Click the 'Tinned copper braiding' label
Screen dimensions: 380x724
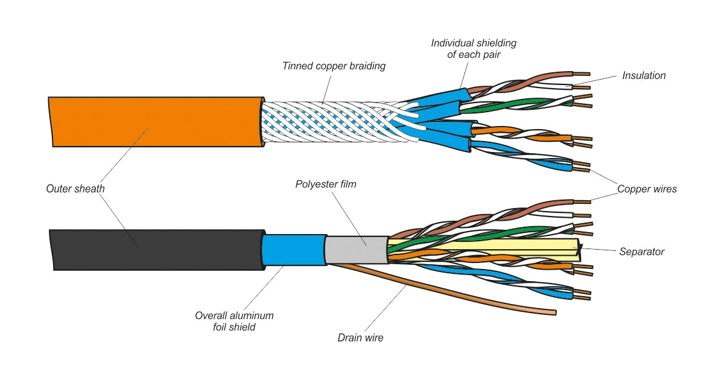[x=334, y=66]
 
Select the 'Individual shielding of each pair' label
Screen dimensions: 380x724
[x=473, y=49]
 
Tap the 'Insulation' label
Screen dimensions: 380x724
[x=644, y=75]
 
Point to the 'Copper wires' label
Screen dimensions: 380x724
[x=647, y=189]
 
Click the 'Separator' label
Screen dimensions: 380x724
[x=641, y=252]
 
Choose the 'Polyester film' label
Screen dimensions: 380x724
[x=326, y=184]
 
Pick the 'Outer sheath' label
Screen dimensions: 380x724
[x=75, y=189]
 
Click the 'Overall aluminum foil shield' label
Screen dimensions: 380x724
[x=234, y=321]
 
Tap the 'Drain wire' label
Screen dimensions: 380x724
[x=360, y=338]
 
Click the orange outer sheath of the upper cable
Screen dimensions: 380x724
[x=151, y=121]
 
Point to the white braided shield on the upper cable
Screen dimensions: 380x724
[x=326, y=121]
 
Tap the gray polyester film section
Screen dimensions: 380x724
[x=356, y=249]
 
